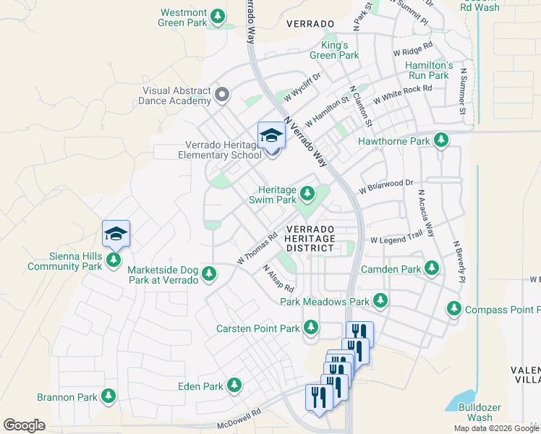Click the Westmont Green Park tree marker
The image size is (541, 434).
(x=216, y=17)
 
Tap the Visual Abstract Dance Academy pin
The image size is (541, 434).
(x=222, y=95)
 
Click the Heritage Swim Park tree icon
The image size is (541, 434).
(x=307, y=193)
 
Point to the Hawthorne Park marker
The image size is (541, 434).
(x=440, y=140)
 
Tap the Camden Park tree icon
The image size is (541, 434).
(x=432, y=268)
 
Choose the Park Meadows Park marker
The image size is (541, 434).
(x=380, y=300)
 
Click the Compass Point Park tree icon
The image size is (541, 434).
(x=454, y=309)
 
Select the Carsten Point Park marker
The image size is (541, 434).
(x=311, y=328)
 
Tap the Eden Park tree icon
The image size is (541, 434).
(x=234, y=386)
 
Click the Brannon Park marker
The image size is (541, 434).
(x=108, y=396)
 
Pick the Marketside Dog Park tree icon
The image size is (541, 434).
(x=209, y=273)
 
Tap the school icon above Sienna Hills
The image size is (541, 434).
(x=116, y=234)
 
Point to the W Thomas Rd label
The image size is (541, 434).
(x=257, y=247)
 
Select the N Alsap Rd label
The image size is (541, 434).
(x=277, y=278)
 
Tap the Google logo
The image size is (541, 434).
(x=25, y=425)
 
